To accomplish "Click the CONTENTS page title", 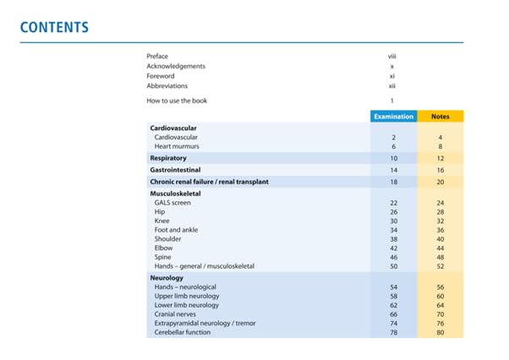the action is (x=54, y=27).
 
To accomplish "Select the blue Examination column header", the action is (x=394, y=117).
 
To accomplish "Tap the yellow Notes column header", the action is (x=441, y=117).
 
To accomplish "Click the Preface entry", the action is (x=157, y=57).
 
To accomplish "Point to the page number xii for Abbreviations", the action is (x=392, y=86).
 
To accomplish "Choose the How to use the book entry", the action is (x=177, y=101).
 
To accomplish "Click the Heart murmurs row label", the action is (x=177, y=146).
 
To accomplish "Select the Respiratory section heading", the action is (x=168, y=158).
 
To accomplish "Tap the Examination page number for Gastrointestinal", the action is (x=394, y=170).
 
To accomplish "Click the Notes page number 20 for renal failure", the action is (x=441, y=183).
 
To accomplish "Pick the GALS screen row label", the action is (x=172, y=203).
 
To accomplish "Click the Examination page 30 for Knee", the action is (x=394, y=221).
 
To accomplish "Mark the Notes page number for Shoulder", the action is (x=441, y=239).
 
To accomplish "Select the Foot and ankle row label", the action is (x=176, y=230).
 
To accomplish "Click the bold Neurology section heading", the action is (x=167, y=278).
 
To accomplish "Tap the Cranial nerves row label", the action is (x=175, y=314).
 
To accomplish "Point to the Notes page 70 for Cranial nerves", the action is (x=441, y=314).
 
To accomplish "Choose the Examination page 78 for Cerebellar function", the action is (x=394, y=333).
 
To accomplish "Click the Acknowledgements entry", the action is (x=176, y=66).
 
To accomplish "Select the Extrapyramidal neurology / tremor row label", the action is (x=205, y=324).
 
